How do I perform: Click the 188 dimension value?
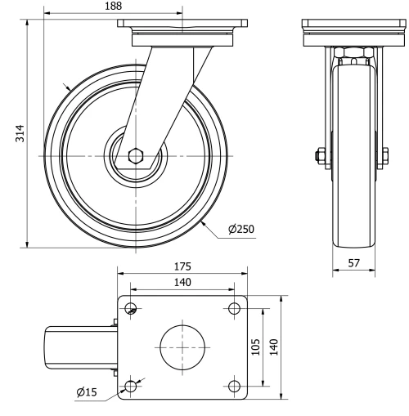pyautogui.click(x=113, y=7)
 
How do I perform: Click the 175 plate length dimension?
pyautogui.click(x=182, y=266)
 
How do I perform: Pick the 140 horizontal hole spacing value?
pyautogui.click(x=182, y=282)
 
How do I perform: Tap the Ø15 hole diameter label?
pyautogui.click(x=88, y=392)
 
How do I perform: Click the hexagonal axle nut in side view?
pyautogui.click(x=138, y=155)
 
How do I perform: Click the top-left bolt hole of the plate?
pyautogui.click(x=131, y=309)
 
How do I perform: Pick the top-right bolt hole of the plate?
pyautogui.click(x=234, y=309)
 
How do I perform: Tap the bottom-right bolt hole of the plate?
pyautogui.click(x=234, y=386)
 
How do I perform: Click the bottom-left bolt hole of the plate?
pyautogui.click(x=131, y=386)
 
